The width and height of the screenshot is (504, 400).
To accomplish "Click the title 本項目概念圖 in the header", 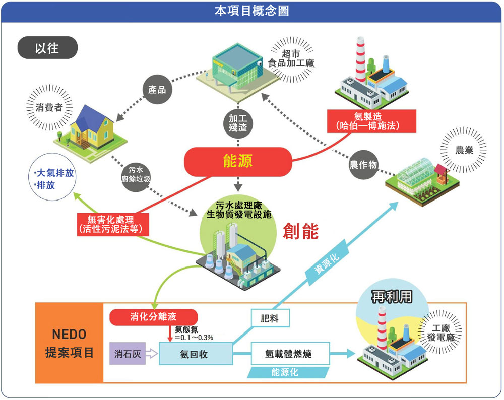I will coord(251,11).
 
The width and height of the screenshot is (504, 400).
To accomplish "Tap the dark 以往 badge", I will coord(47,48).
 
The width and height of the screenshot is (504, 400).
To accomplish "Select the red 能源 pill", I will coord(237,161).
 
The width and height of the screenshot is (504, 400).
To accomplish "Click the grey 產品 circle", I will coord(157,90).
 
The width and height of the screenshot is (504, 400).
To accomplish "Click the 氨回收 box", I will coord(196,354).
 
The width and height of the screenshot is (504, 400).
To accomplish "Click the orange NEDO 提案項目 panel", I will coord(69,343).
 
